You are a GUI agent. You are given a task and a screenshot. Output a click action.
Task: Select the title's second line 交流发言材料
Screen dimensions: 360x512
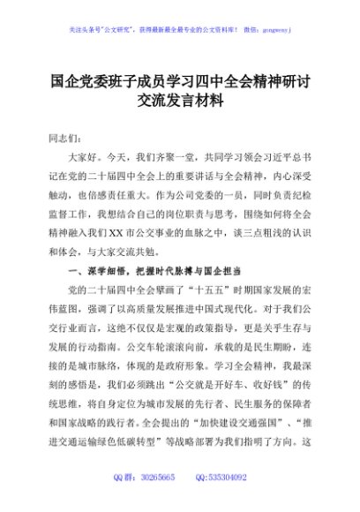pos(180,101)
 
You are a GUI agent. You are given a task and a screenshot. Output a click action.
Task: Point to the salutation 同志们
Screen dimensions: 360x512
pos(62,138)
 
